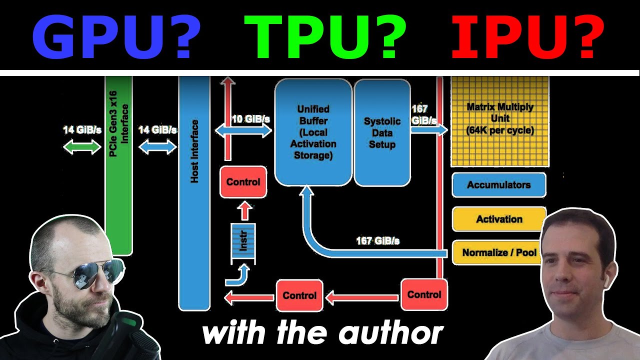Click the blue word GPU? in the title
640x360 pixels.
pos(116,36)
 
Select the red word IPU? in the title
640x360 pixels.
pos(527,36)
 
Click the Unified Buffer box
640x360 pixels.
pos(313,132)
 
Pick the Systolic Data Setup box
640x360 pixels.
pos(382,133)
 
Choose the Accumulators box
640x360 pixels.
pos(498,185)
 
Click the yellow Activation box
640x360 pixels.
pos(498,219)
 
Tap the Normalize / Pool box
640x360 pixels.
pos(498,252)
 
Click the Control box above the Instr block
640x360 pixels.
pos(243,182)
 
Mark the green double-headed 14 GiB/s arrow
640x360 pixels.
pos(82,147)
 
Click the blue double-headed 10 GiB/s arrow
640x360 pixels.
pos(243,131)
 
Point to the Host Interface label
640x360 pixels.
pos(194,150)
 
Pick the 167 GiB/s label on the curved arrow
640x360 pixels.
pos(377,241)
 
